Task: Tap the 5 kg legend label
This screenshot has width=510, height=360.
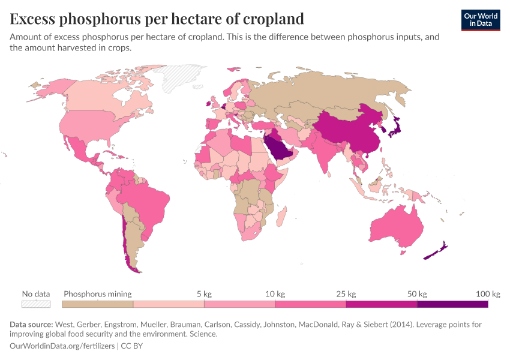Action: tap(204, 294)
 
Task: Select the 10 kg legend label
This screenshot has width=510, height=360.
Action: tap(275, 294)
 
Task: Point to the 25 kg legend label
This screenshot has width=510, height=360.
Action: tap(346, 294)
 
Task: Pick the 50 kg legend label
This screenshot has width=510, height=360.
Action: tap(417, 294)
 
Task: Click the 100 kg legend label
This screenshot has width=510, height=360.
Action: tap(488, 294)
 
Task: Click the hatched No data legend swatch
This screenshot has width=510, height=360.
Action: tap(35, 304)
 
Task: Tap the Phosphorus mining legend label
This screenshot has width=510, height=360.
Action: tap(98, 294)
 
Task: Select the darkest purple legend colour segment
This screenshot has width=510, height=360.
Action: tap(452, 304)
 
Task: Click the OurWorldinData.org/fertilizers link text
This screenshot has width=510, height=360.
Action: tap(63, 346)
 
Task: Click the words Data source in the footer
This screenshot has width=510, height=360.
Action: tap(31, 325)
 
